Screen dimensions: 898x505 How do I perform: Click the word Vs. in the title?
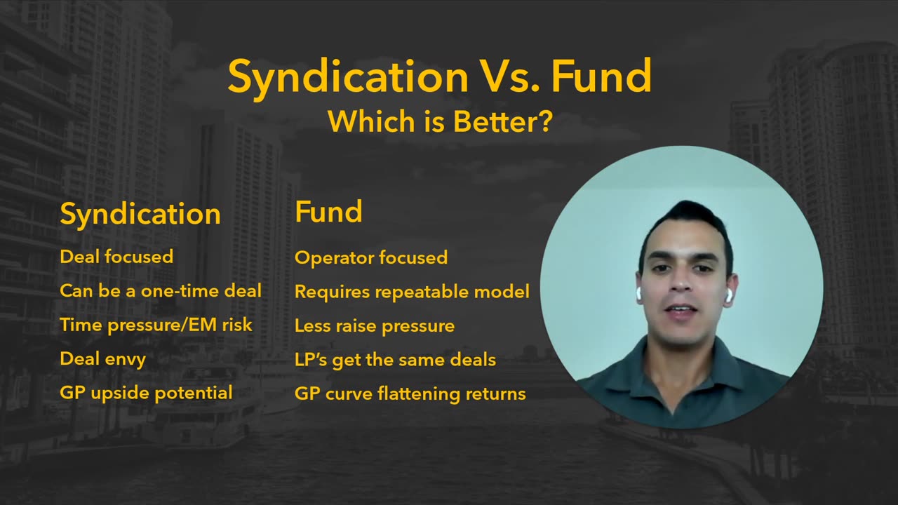click(x=510, y=76)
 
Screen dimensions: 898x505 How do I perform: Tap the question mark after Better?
click(x=544, y=121)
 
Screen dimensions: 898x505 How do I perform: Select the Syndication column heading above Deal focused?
click(x=140, y=215)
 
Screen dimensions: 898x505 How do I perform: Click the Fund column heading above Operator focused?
click(x=329, y=211)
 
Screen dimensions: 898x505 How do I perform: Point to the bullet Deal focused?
click(x=116, y=257)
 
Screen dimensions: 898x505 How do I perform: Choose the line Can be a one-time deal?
click(x=161, y=290)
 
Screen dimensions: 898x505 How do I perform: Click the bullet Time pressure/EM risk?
click(x=156, y=325)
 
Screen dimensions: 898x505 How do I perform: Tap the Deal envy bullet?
click(x=102, y=359)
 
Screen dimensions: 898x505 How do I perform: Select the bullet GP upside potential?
click(x=147, y=393)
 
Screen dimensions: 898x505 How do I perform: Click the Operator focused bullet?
click(x=371, y=257)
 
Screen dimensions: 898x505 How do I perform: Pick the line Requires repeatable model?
click(x=412, y=292)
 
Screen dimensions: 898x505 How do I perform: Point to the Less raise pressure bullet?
click(x=375, y=326)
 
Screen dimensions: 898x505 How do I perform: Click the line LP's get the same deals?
click(x=395, y=360)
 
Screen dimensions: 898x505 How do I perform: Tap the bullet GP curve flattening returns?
click(x=410, y=394)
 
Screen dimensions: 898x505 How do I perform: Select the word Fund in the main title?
click(x=601, y=76)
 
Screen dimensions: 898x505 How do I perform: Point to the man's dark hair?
click(x=688, y=224)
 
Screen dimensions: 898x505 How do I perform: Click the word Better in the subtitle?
click(x=495, y=121)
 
